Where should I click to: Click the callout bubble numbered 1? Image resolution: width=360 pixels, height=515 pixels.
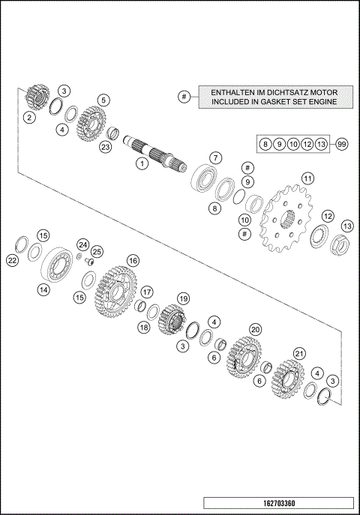tap(139, 163)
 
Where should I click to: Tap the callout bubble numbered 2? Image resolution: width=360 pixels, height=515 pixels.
tap(28, 118)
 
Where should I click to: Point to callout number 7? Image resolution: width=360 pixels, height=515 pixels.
tap(214, 157)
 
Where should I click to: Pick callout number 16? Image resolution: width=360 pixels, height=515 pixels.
tap(133, 260)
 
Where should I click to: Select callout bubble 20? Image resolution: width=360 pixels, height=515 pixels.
tap(255, 329)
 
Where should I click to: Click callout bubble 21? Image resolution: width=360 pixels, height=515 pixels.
tap(301, 353)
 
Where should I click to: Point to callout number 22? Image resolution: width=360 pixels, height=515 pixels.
tap(12, 260)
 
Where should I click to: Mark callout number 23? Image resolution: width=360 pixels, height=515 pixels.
tap(105, 148)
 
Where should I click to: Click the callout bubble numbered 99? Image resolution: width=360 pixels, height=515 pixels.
tap(341, 143)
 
